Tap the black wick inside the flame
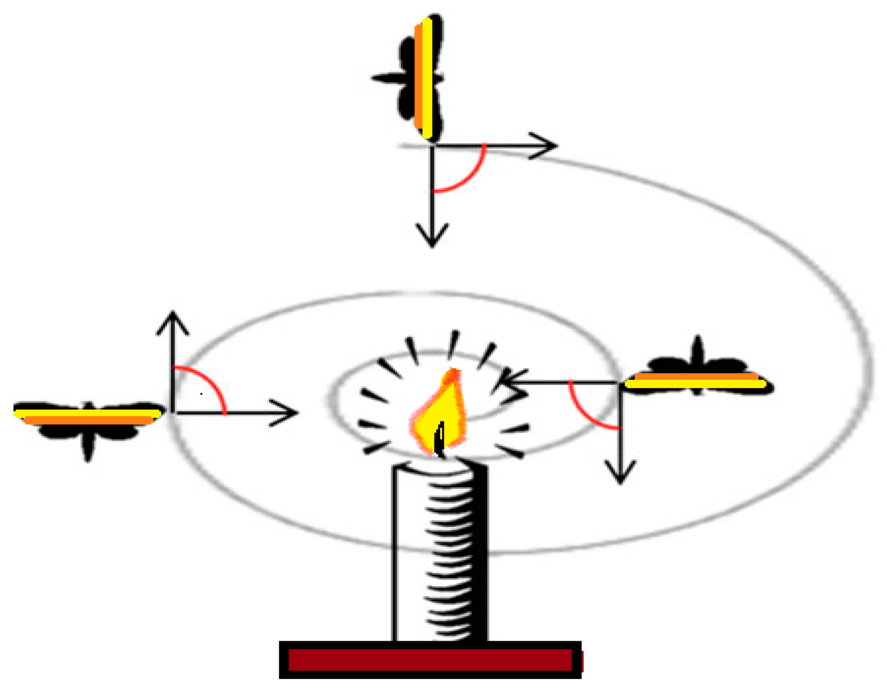pos(440,439)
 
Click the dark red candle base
pos(430,660)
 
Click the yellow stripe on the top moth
pos(427,78)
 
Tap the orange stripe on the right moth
pos(696,377)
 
